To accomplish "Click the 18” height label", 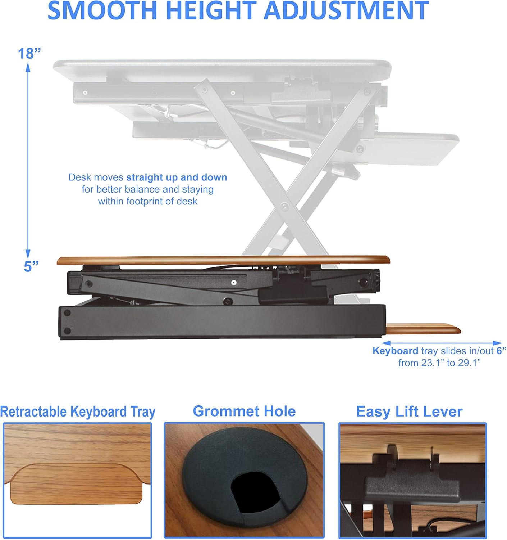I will tap(29, 53).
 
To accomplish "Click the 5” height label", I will tap(31, 266).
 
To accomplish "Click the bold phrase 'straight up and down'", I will tap(177, 177).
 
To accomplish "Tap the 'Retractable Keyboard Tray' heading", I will tap(78, 411).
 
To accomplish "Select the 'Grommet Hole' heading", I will tap(244, 411).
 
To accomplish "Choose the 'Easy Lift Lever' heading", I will tap(409, 411).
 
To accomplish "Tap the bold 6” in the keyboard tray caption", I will tap(501, 351).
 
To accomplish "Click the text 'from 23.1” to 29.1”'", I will tap(439, 363).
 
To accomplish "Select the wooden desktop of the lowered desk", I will tap(223, 260).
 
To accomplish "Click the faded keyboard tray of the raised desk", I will tap(417, 148).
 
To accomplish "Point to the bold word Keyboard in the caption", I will tap(395, 351).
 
